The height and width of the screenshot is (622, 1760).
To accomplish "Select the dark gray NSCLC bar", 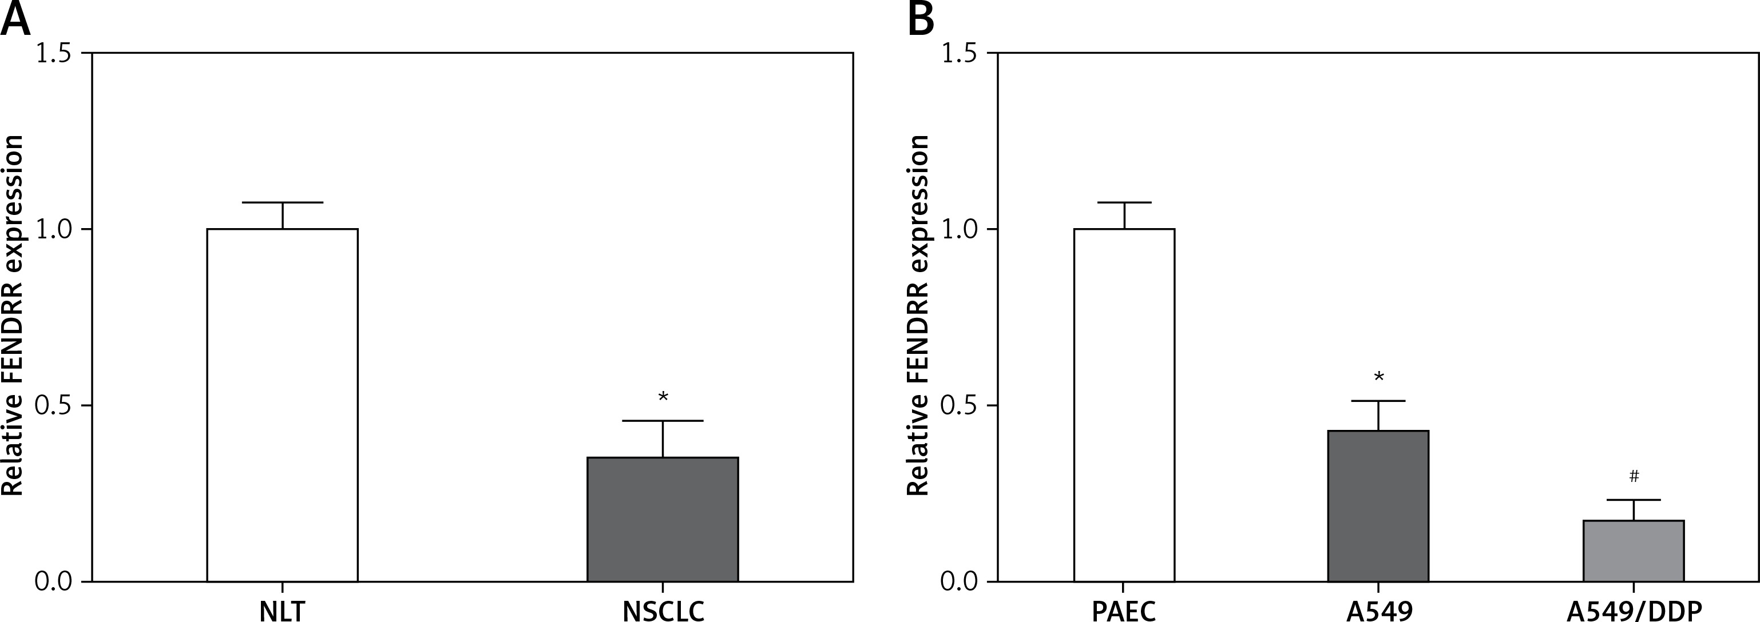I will click(662, 519).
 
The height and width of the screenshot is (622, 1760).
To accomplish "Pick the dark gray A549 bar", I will click(1378, 505).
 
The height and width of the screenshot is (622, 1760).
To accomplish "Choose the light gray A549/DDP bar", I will click(1633, 551).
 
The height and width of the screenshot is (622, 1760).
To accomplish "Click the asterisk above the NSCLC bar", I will click(663, 397).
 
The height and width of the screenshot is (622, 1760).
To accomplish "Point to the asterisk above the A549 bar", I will click(1379, 377).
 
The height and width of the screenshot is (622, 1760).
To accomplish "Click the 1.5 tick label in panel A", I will click(53, 53).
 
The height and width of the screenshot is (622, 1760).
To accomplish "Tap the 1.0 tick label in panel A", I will click(53, 229).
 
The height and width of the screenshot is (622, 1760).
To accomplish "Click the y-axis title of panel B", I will click(918, 315).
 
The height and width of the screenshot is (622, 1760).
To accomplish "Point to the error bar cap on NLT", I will click(282, 203).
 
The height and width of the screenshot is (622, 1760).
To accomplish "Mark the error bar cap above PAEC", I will click(1124, 203).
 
